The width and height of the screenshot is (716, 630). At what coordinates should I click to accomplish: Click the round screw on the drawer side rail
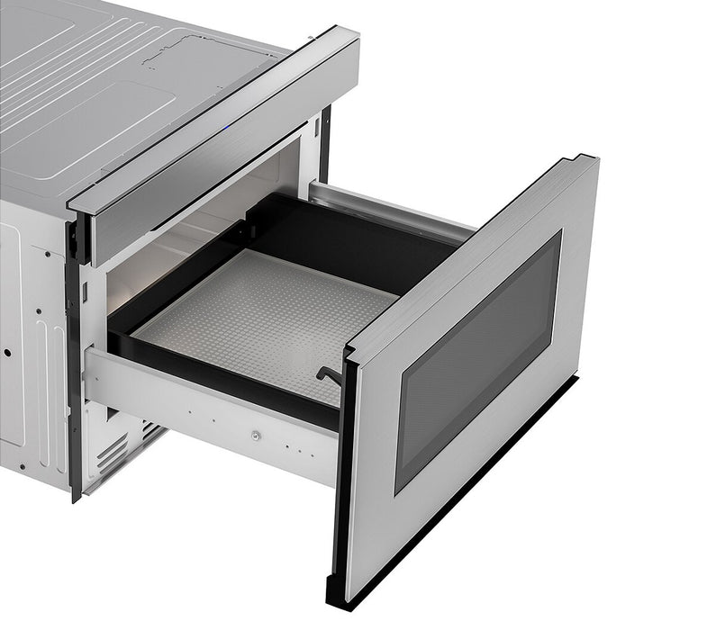[255, 436]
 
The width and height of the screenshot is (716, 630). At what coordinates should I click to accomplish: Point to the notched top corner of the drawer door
[585, 163]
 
